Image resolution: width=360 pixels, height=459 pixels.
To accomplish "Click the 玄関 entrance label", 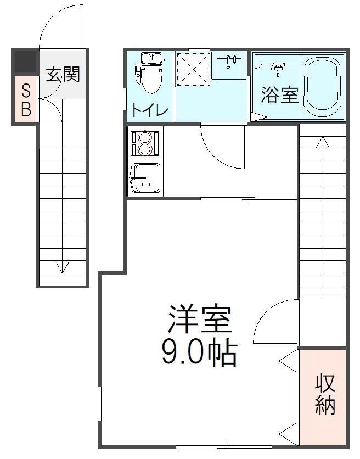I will (63, 74).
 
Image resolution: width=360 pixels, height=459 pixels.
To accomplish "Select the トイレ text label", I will (149, 110).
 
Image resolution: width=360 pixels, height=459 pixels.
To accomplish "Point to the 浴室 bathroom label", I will (279, 94).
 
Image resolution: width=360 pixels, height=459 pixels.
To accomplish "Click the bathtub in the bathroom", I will (324, 86).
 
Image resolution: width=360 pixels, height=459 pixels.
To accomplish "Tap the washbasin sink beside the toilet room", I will (228, 66).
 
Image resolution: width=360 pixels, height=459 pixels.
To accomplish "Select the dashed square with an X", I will (193, 69).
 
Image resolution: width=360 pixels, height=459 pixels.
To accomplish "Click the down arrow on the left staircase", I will (63, 267).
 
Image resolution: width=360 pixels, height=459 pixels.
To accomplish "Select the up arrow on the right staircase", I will (323, 143).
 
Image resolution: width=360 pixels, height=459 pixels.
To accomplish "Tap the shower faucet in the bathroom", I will (278, 69).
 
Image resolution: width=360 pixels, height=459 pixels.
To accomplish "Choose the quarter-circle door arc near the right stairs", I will (274, 321).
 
